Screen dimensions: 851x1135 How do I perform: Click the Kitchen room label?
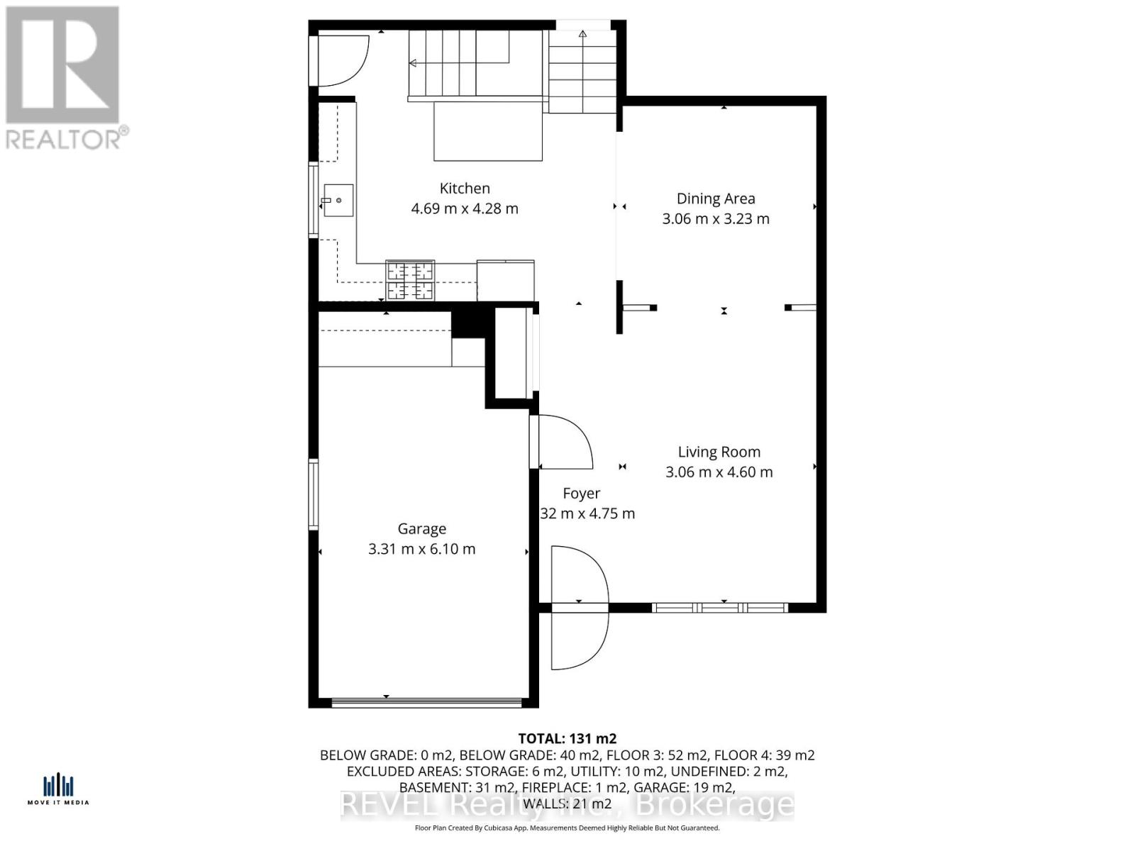pyautogui.click(x=465, y=188)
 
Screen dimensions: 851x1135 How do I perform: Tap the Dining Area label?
pyautogui.click(x=715, y=199)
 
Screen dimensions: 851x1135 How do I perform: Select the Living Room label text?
pyautogui.click(x=719, y=452)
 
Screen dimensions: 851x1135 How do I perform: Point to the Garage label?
pyautogui.click(x=421, y=528)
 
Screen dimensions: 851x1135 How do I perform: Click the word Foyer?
pyautogui.click(x=581, y=493)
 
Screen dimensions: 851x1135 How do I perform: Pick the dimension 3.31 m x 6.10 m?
pyautogui.click(x=421, y=549)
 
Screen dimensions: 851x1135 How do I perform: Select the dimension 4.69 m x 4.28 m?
pyautogui.click(x=465, y=208)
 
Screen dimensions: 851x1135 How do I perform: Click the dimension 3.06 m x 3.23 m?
pyautogui.click(x=715, y=218)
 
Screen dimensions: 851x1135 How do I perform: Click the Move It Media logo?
pyautogui.click(x=58, y=789)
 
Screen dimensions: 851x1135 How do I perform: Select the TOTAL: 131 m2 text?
pyautogui.click(x=567, y=739)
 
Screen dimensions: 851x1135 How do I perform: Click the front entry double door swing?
pyautogui.click(x=580, y=608)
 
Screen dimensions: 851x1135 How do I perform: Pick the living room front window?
pyautogui.click(x=719, y=608)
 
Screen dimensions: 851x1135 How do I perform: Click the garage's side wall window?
pyautogui.click(x=313, y=494)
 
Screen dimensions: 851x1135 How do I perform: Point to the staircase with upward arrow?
pyautogui.click(x=582, y=71)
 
